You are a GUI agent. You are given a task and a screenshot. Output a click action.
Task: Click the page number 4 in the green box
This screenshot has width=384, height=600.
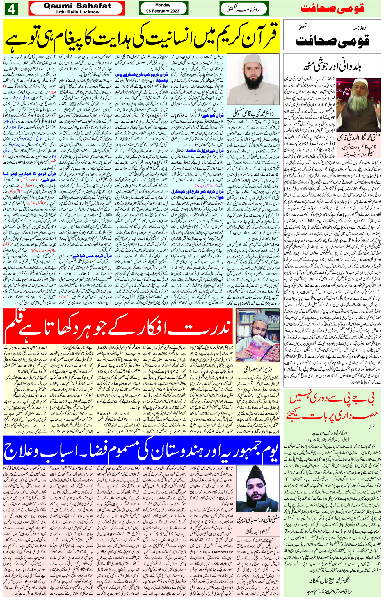pyautogui.click(x=11, y=9)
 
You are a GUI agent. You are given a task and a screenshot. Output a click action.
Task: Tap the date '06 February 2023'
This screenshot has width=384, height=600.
pyautogui.click(x=163, y=11)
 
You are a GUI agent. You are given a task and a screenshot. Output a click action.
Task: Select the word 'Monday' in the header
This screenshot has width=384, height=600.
pyautogui.click(x=163, y=5)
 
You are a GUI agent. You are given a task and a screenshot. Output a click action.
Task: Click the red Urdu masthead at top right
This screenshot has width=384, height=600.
pyautogui.click(x=332, y=8)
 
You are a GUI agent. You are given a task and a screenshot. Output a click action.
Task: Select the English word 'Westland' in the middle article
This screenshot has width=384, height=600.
pyautogui.click(x=131, y=419)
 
